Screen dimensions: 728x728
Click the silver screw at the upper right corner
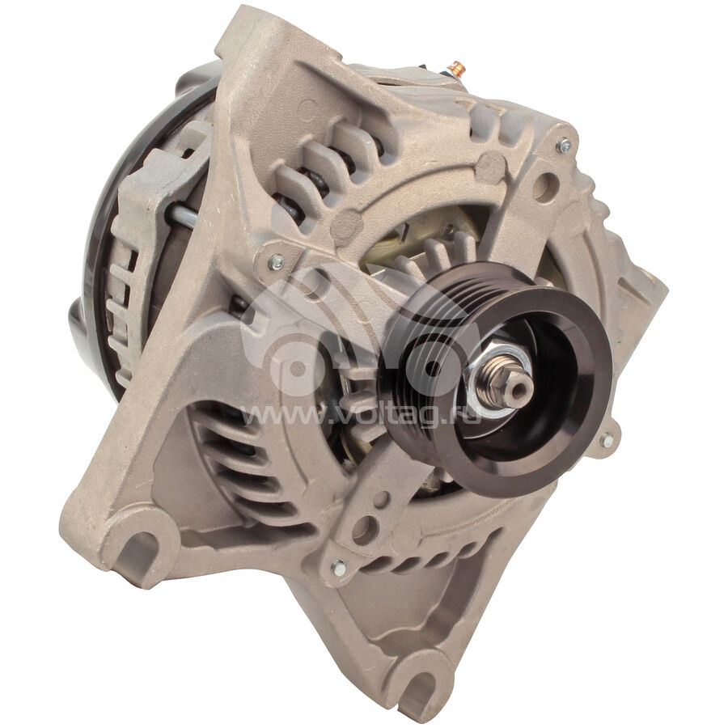point(563,146)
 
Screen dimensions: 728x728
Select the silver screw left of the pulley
point(276,262)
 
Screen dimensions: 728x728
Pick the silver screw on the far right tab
point(607,439)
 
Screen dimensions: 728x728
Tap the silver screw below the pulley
point(338,567)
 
